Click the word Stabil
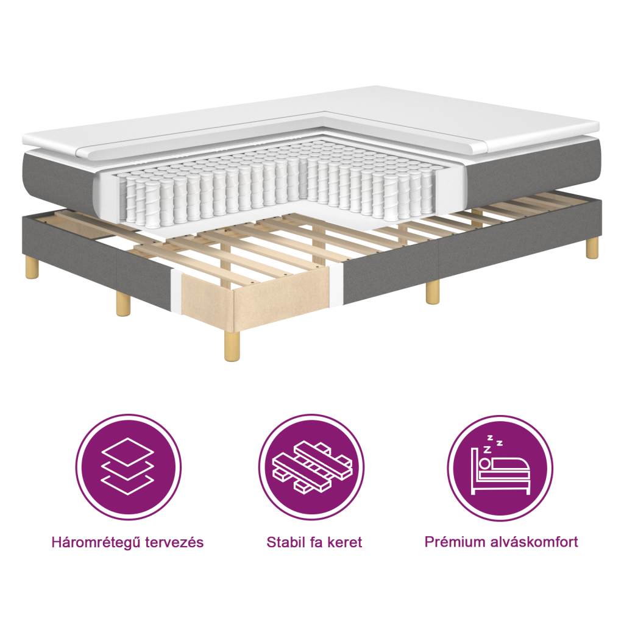[286, 542]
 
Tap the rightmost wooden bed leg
[592, 249]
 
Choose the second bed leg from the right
[432, 292]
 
